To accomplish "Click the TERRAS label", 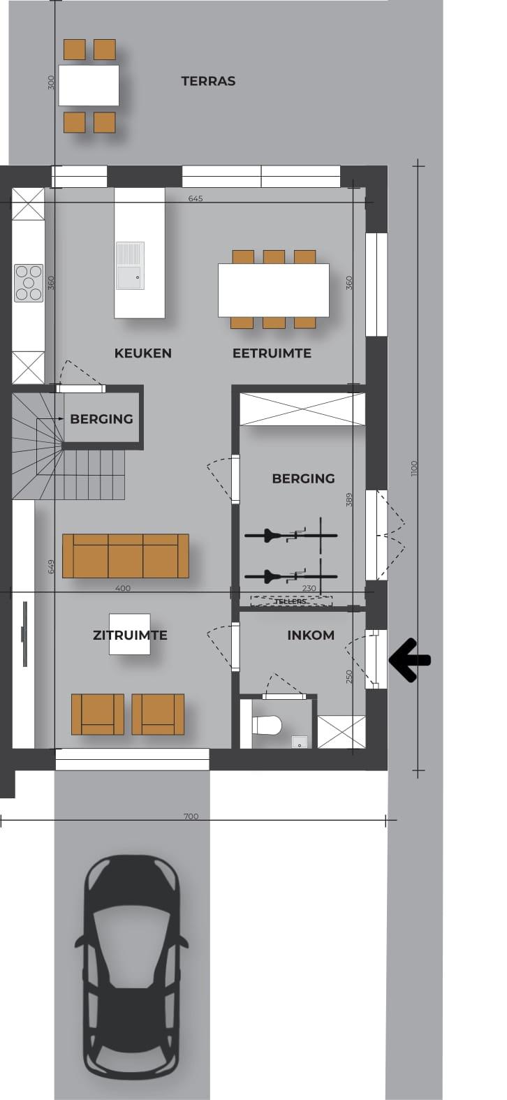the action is (208, 81).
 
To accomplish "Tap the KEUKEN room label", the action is (143, 353).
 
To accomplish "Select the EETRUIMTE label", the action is (272, 353).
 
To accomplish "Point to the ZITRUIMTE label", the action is (130, 635).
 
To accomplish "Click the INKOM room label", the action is (311, 635).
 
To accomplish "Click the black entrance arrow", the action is (410, 660).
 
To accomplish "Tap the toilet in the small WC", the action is (267, 725).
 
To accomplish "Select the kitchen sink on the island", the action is (130, 265).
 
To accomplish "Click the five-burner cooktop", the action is (29, 283).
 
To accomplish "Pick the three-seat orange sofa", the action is (126, 556).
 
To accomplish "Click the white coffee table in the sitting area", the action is (130, 634).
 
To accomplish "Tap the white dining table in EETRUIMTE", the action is (273, 291).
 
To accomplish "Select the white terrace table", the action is (89, 85).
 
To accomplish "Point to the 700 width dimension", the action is (191, 816).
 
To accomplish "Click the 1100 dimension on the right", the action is (413, 468).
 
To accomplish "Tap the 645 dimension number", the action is (196, 198).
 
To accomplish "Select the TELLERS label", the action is (291, 601).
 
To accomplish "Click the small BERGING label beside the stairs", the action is (101, 419).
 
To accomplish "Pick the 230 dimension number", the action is (309, 588).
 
